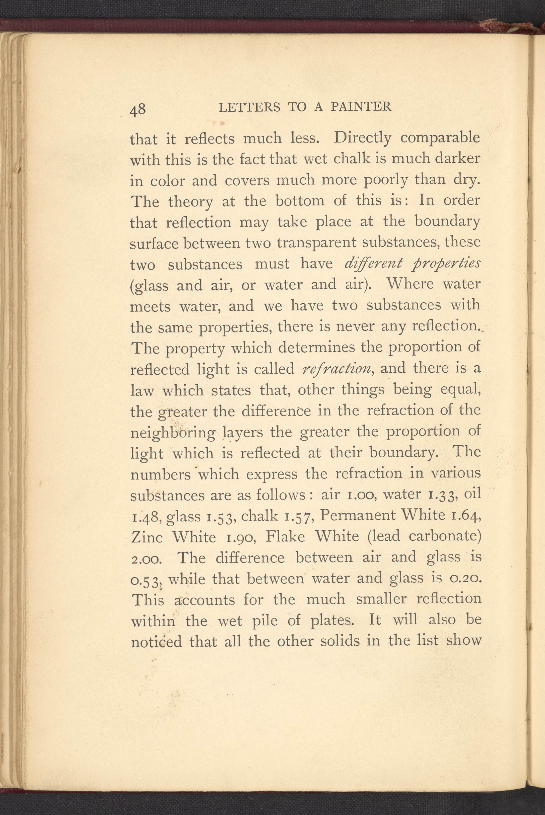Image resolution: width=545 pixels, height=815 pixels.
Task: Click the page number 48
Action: (x=138, y=110)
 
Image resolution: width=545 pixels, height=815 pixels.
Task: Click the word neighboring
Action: (x=173, y=433)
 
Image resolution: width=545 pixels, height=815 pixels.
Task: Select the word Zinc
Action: (x=147, y=537)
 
